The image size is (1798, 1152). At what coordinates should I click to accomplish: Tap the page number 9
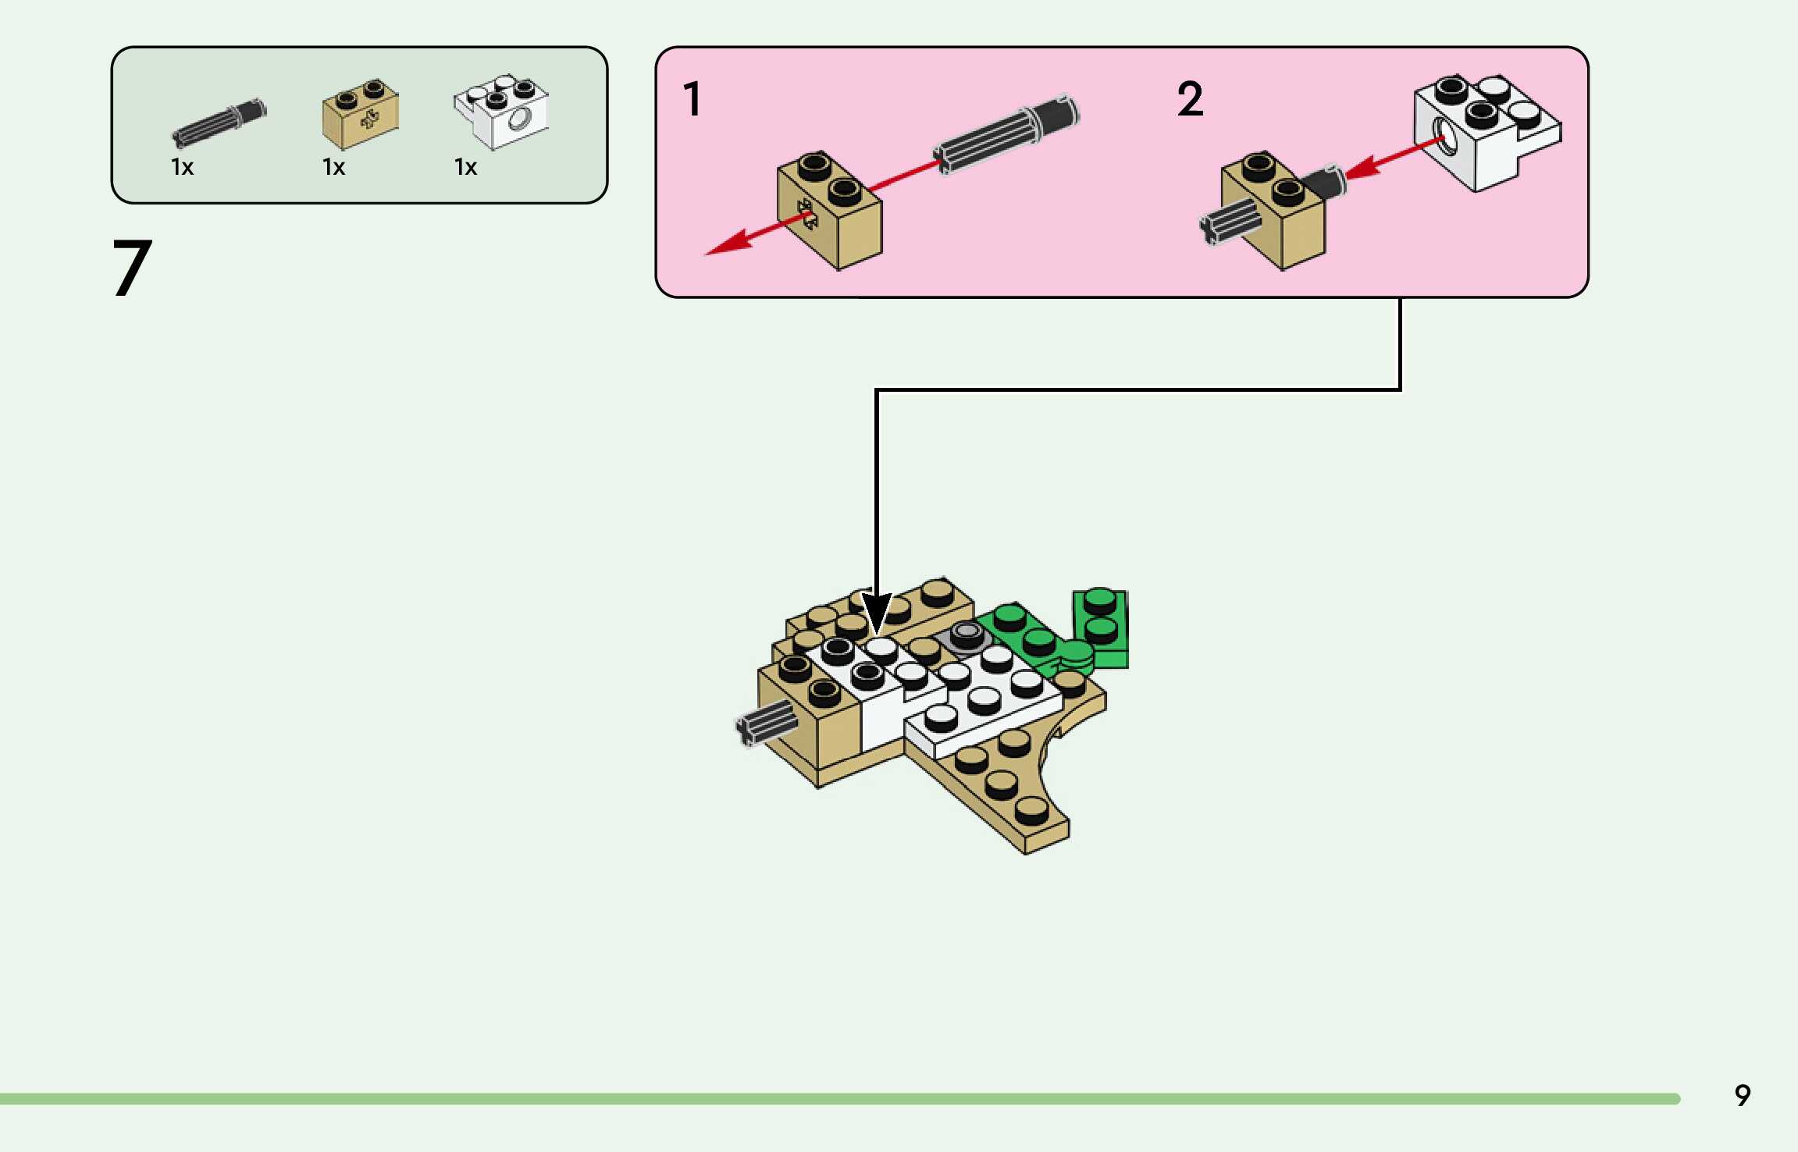(x=1742, y=1096)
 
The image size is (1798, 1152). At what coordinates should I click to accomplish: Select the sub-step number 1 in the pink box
(x=692, y=99)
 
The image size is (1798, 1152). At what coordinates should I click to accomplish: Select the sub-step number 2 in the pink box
(x=1190, y=99)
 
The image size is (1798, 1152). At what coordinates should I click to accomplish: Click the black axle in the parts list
(x=219, y=123)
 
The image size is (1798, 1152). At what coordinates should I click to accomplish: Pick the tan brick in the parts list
(x=360, y=115)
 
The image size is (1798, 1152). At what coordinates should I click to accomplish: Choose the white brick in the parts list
(x=502, y=112)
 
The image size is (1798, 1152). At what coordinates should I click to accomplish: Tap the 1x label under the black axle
(x=182, y=167)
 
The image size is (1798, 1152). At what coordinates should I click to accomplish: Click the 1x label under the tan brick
(x=333, y=167)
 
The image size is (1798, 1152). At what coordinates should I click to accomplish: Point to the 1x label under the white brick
(x=465, y=167)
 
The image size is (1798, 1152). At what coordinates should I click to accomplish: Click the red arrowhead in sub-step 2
(x=1362, y=169)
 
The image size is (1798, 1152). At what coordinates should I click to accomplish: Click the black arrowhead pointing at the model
(x=876, y=613)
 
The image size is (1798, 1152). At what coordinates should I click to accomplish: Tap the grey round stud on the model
(x=967, y=633)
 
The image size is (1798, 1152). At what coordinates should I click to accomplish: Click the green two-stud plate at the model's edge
(x=1101, y=628)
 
